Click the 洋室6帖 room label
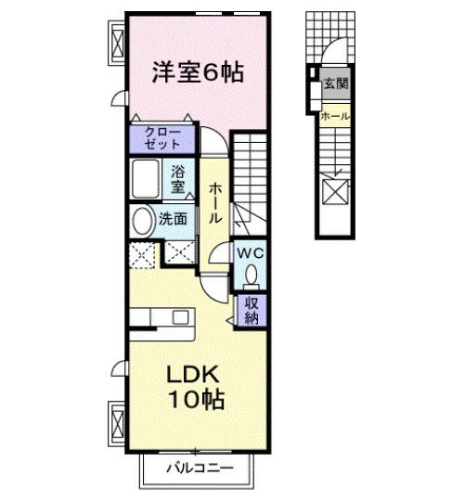pyautogui.click(x=197, y=71)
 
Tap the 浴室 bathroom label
pyautogui.click(x=178, y=177)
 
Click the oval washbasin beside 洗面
pyautogui.click(x=142, y=221)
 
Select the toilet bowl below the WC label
pyautogui.click(x=251, y=275)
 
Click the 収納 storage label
pyautogui.click(x=251, y=309)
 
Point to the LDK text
pyautogui.click(x=193, y=376)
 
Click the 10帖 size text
pyautogui.click(x=195, y=403)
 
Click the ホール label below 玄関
pyautogui.click(x=334, y=116)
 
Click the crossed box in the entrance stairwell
pyautogui.click(x=334, y=193)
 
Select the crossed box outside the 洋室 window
pyautogui.click(x=118, y=41)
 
